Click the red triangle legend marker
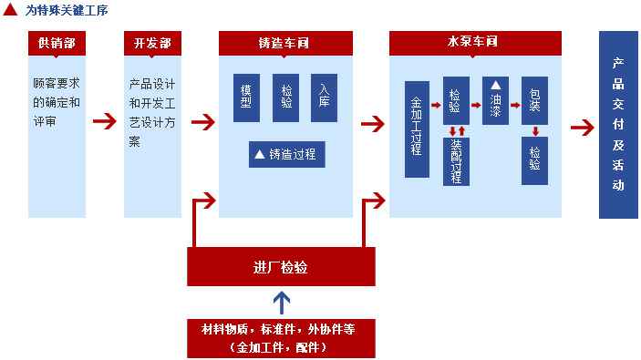(10, 10)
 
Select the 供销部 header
(57, 43)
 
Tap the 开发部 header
(152, 43)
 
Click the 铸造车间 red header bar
(285, 43)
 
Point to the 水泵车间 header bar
(475, 43)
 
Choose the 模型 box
(246, 98)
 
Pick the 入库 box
(325, 98)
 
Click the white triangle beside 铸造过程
(260, 154)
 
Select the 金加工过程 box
(417, 129)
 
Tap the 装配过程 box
(456, 162)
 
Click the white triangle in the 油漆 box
(495, 85)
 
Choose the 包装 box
(534, 100)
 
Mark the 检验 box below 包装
(534, 161)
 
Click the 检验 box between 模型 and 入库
(285, 98)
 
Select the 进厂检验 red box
(281, 266)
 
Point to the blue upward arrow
(282, 303)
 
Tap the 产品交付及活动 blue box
(618, 125)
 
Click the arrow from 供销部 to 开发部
(105, 121)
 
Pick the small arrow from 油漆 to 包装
(515, 105)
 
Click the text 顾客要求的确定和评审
(57, 102)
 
